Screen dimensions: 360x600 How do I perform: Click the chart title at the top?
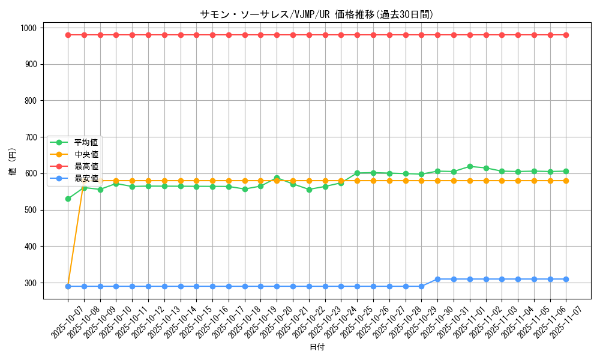point(316,14)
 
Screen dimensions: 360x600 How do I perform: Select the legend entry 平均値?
point(86,142)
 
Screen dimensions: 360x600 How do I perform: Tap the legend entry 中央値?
point(86,154)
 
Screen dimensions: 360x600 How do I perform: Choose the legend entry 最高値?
point(86,166)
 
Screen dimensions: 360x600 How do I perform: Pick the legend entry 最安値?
point(86,178)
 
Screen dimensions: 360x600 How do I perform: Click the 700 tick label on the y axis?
point(29,137)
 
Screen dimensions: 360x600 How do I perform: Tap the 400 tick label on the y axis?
point(29,247)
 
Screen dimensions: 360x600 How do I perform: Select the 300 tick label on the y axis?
point(29,283)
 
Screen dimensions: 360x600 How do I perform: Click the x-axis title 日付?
point(317,347)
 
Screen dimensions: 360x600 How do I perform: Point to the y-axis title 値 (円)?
point(12,163)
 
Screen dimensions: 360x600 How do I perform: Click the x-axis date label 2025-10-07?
point(59,322)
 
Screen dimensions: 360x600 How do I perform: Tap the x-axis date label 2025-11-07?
point(557,322)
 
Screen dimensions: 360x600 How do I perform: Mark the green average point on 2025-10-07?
point(68,199)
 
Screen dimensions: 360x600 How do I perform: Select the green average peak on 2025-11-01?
point(470,167)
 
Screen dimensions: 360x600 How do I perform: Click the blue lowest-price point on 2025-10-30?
point(437,279)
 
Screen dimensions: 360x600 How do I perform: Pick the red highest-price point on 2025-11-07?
point(566,35)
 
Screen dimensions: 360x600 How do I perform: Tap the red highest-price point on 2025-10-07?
point(68,35)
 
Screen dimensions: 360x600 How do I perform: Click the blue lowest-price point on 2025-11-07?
point(566,279)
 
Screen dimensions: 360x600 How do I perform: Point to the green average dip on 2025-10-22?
point(309,190)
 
